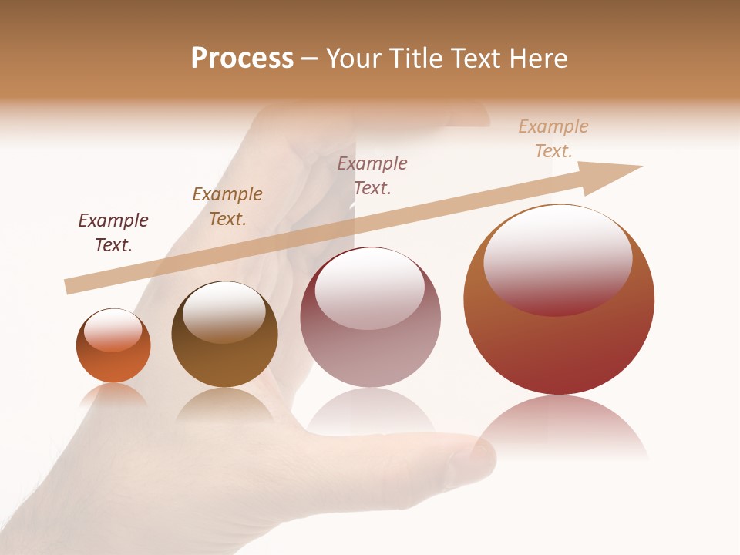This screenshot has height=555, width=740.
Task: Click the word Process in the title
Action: [x=242, y=59]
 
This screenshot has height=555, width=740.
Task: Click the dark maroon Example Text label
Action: [x=113, y=233]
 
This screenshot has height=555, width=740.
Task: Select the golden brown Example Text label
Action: [x=227, y=207]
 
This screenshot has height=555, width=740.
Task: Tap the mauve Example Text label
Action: [x=372, y=176]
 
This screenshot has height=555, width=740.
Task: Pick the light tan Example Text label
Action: [x=553, y=139]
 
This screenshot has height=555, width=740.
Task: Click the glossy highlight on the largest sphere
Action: [x=557, y=258]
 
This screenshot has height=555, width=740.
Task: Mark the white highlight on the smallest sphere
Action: [x=113, y=330]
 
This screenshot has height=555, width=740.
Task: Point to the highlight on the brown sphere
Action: [x=224, y=311]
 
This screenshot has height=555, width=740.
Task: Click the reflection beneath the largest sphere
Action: [x=559, y=424]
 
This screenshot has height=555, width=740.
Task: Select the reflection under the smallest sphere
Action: [x=113, y=395]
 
